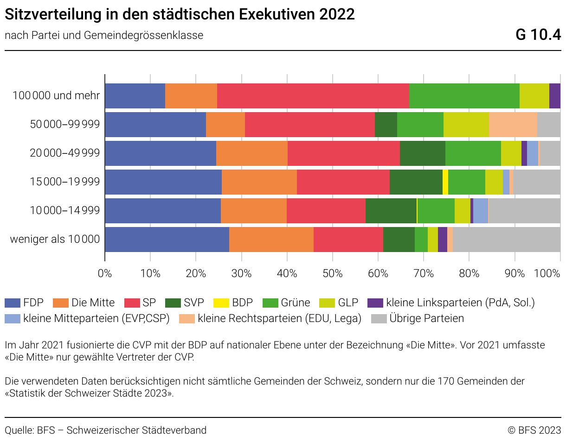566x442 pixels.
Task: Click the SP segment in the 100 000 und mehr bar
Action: point(313,96)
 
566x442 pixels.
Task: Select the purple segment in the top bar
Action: point(555,96)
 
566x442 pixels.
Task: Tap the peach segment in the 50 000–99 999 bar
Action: point(513,125)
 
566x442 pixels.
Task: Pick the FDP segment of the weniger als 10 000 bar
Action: point(167,240)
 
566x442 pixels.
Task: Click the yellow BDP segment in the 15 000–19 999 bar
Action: point(445,182)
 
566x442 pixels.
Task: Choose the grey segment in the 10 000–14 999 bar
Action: point(524,211)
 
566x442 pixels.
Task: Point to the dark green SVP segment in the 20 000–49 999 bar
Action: point(423,153)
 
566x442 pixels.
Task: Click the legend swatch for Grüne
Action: point(270,303)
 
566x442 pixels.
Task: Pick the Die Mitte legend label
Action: point(93,303)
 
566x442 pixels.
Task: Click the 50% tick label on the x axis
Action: point(332,273)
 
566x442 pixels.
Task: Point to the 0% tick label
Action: point(105,273)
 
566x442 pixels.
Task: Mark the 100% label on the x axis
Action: point(547,273)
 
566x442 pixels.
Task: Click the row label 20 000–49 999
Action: point(65,153)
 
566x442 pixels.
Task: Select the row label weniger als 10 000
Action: point(55,240)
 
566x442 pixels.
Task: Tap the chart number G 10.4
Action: point(538,35)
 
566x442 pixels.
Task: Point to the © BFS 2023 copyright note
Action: point(534,430)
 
